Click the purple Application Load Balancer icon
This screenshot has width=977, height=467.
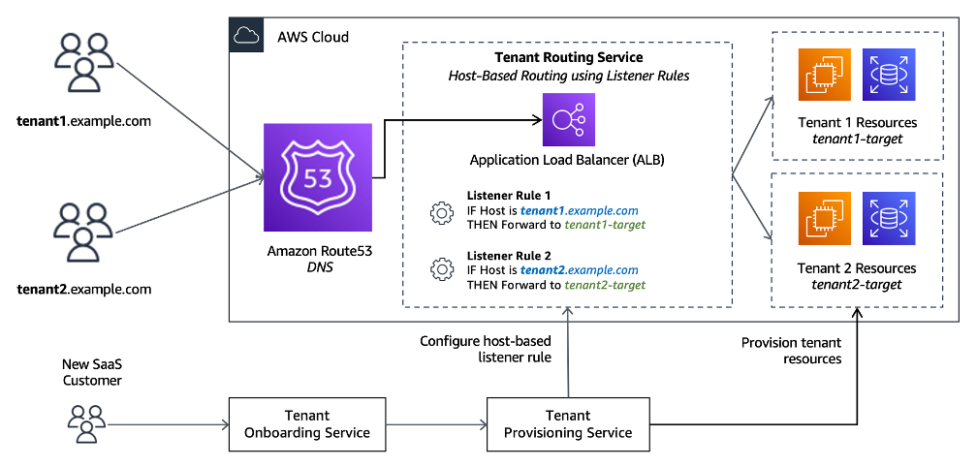click(x=568, y=121)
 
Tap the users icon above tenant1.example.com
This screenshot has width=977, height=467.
click(x=82, y=69)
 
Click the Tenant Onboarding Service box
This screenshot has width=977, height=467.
click(x=306, y=423)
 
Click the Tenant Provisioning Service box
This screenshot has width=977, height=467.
click(x=568, y=423)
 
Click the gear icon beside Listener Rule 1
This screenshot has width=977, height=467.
click(x=442, y=212)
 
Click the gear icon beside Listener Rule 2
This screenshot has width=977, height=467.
click(x=442, y=268)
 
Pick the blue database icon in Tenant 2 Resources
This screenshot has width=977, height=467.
click(x=887, y=218)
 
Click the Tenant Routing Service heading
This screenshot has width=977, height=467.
click(x=568, y=58)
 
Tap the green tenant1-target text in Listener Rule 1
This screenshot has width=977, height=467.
click(x=606, y=224)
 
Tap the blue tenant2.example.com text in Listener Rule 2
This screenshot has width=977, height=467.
click(x=580, y=270)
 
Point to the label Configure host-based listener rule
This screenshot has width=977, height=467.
click(x=485, y=349)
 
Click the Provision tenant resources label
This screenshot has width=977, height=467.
click(x=791, y=350)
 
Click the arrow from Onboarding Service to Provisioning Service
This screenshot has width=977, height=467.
click(x=435, y=423)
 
